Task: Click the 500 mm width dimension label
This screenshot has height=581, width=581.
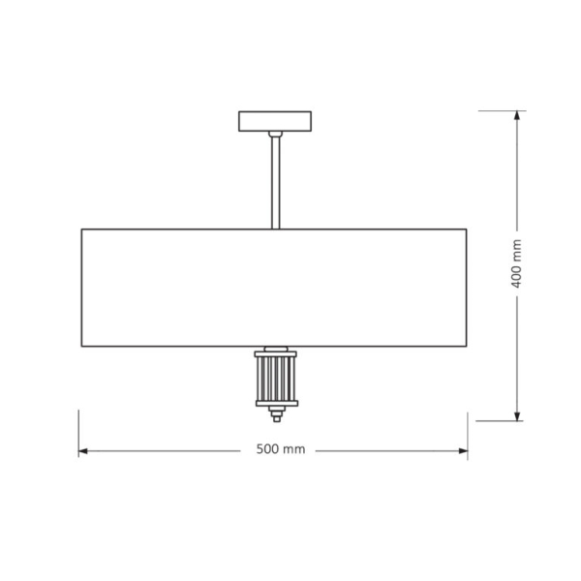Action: (281, 449)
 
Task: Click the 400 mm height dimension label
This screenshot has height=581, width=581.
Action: (516, 263)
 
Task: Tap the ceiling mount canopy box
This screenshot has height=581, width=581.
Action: (275, 121)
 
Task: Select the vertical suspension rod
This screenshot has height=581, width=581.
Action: (275, 183)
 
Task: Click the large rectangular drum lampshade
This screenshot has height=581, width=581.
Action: (274, 288)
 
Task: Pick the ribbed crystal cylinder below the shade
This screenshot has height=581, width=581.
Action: (276, 379)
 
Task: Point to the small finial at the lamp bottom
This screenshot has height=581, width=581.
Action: (277, 414)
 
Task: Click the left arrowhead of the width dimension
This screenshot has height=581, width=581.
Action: (83, 451)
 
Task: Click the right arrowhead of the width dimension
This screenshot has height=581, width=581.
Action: (463, 451)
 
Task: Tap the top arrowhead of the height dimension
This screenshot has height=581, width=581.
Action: (517, 115)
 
